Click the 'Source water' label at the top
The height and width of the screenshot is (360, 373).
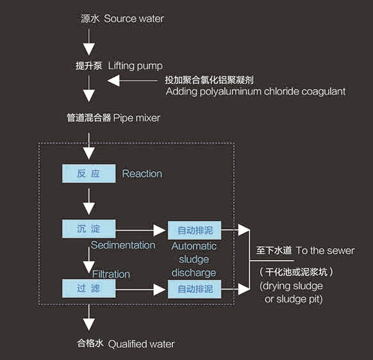click(134, 19)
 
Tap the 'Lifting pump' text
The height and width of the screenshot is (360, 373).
click(135, 66)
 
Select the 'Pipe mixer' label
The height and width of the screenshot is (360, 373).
click(137, 118)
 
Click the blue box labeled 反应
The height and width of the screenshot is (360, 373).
click(88, 174)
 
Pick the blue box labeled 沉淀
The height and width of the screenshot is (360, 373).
click(88, 229)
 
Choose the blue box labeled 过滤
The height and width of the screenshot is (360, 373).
click(88, 288)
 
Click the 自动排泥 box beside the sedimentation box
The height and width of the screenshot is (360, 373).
click(195, 230)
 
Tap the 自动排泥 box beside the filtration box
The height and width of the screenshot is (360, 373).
click(195, 289)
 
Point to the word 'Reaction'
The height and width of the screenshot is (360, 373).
click(142, 174)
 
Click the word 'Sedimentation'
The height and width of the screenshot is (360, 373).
click(123, 245)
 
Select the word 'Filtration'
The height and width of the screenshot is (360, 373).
click(111, 274)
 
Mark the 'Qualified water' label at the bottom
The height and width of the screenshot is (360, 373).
click(141, 344)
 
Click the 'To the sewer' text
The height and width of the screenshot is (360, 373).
click(325, 250)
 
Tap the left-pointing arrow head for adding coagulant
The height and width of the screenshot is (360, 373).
click(113, 81)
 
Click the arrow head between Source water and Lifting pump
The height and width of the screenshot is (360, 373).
click(89, 49)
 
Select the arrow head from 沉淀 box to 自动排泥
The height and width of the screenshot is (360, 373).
click(160, 230)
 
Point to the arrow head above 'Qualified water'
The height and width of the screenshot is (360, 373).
click(89, 325)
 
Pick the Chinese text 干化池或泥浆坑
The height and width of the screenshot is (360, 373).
click(296, 272)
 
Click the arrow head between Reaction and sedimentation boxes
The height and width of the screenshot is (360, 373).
click(89, 209)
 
